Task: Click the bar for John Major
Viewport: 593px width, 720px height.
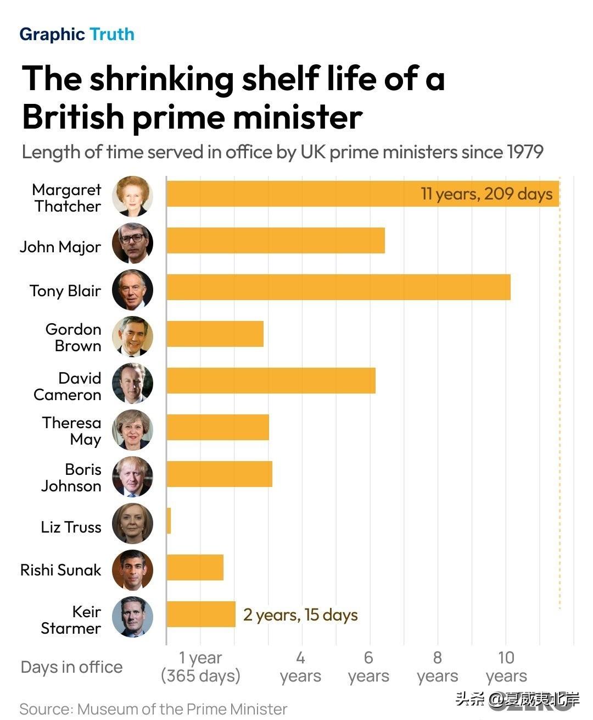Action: [276, 240]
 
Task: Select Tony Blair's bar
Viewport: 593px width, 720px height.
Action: [338, 287]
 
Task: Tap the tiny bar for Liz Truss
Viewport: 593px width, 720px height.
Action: [169, 520]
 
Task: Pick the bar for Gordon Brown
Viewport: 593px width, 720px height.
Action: [215, 334]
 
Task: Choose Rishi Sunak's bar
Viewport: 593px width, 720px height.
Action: [195, 567]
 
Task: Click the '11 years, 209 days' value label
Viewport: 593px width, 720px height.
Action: [486, 194]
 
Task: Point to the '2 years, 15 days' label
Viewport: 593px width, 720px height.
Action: [300, 615]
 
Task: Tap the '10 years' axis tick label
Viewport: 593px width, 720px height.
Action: [506, 667]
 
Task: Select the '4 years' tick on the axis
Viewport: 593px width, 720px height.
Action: [300, 667]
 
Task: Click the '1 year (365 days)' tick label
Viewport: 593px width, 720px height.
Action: [200, 667]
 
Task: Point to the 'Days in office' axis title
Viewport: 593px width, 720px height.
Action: [72, 667]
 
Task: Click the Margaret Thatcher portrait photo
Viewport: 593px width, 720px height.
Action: [133, 196]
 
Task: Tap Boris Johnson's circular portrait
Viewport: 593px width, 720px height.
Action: [133, 477]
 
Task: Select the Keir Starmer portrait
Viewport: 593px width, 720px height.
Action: [133, 617]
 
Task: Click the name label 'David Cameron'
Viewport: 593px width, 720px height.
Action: [68, 386]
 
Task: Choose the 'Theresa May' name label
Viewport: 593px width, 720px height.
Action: [72, 431]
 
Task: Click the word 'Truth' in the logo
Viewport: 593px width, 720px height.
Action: [112, 34]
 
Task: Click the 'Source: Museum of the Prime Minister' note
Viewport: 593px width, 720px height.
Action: [153, 710]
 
